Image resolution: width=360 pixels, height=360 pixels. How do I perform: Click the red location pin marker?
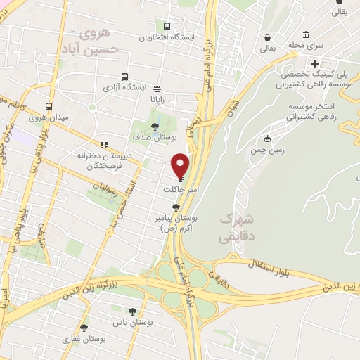pos(180,165)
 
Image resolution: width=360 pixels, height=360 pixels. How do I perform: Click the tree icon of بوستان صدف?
pos(155,127)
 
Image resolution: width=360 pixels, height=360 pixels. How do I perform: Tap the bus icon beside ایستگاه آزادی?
pos(124,77)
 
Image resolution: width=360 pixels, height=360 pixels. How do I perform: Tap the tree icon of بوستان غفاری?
pos(84,328)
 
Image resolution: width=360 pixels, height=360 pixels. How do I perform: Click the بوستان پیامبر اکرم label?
pos(175,224)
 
